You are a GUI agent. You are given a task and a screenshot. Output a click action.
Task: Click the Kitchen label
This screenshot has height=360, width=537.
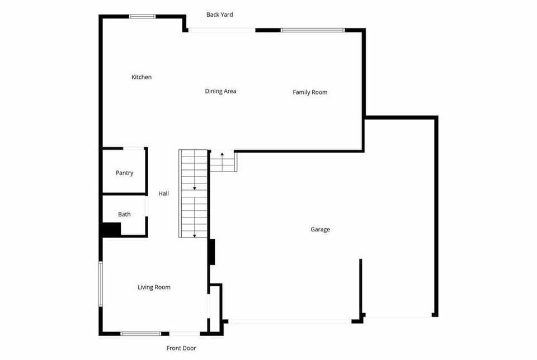click(142, 77)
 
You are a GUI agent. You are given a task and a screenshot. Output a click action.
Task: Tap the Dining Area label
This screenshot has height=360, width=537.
click(220, 91)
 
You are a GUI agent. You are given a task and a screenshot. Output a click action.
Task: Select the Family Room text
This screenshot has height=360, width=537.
click(310, 92)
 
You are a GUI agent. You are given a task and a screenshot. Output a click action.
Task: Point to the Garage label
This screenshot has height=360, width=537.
click(320, 229)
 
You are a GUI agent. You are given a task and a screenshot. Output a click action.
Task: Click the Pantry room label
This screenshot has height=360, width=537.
click(124, 173)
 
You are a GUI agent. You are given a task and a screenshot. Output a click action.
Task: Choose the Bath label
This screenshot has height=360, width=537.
click(124, 214)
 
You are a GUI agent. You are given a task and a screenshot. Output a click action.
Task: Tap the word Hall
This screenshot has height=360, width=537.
click(163, 193)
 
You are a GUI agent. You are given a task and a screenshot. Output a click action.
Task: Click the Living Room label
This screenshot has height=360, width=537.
click(154, 287)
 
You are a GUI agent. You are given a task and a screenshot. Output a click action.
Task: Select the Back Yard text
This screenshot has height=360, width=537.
click(219, 15)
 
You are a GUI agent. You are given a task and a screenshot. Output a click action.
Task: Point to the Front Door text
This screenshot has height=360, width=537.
click(181, 348)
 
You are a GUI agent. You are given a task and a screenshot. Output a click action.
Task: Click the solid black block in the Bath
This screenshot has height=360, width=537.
click(111, 229)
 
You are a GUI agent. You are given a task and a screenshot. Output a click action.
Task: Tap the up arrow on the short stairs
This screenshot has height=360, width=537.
click(222, 153)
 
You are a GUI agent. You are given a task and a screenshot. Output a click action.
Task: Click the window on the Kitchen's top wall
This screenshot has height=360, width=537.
click(142, 16)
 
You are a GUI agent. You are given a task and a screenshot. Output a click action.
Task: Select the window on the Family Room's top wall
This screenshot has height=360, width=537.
click(313, 30)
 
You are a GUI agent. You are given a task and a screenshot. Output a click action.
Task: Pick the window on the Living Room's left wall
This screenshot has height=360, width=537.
click(101, 284)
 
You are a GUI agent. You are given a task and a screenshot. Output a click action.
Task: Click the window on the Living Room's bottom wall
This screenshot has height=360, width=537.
click(140, 334)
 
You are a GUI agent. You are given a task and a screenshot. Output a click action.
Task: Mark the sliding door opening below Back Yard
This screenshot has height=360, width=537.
click(222, 30)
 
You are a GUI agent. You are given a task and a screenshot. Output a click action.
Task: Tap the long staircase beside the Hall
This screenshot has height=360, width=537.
click(194, 193)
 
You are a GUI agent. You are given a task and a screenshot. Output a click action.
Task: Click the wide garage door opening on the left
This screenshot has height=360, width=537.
click(290, 321)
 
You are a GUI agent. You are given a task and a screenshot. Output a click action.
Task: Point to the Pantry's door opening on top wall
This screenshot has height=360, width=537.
click(134, 148)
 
